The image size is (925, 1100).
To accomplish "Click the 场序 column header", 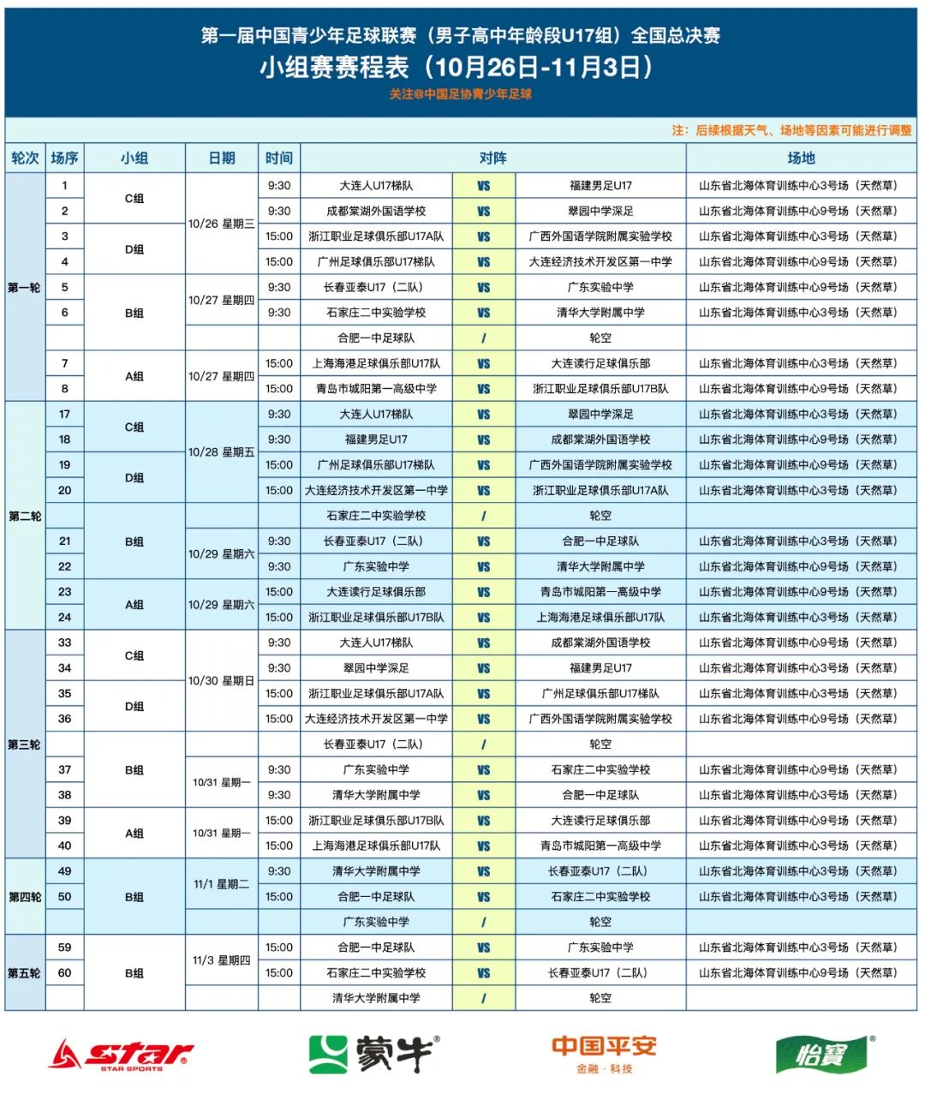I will pos(64,158).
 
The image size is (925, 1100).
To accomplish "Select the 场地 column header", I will pos(801,158).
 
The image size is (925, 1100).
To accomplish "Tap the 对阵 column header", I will pos(492,158).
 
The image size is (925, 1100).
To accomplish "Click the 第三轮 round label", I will pos(24,744).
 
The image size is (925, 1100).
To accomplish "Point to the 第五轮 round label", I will pos(24,973).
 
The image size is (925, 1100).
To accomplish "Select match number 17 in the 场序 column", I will pos(64,414).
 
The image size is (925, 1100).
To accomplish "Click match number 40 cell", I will pos(64,846).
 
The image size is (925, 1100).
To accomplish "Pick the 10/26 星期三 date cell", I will pos(222,224).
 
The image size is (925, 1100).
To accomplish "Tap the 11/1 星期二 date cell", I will pos(222,884).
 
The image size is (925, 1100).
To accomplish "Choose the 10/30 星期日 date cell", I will pos(222,681).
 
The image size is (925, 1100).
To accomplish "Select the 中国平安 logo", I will pos(604,1054).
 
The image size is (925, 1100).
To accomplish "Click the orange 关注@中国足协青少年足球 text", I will pos(461,94).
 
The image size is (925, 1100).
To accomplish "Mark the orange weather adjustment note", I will pos(791,130).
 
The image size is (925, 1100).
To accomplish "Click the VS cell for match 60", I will pos(484,973).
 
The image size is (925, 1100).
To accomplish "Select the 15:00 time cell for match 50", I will pos(279,897).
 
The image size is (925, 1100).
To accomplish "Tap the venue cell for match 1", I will pos(798,185).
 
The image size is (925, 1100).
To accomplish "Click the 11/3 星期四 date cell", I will pos(222,960).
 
